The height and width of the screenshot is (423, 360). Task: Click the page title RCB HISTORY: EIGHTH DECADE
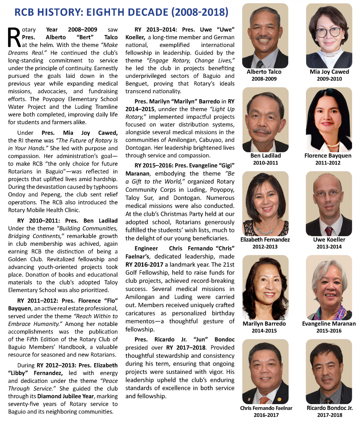coord(121,12)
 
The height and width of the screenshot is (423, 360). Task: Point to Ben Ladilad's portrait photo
coord(265,120)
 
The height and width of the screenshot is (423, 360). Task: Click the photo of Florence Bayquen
coord(329,120)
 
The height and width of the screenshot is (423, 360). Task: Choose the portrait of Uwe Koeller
coord(329,204)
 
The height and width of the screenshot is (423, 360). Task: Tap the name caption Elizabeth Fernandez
coord(265,240)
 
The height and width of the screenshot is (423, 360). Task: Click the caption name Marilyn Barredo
coord(264,324)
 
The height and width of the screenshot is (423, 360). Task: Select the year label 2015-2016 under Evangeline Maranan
coord(329,331)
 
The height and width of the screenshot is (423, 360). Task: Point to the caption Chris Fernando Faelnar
coord(266,408)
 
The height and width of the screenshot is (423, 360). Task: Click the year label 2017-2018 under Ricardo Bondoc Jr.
coord(329,415)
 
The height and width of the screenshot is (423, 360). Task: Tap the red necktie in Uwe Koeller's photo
coord(329,231)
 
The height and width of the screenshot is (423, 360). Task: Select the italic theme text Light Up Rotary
coord(180,113)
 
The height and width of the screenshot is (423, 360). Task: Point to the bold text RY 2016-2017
coord(144,265)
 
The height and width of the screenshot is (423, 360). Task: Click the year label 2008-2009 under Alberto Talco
coord(264,79)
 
